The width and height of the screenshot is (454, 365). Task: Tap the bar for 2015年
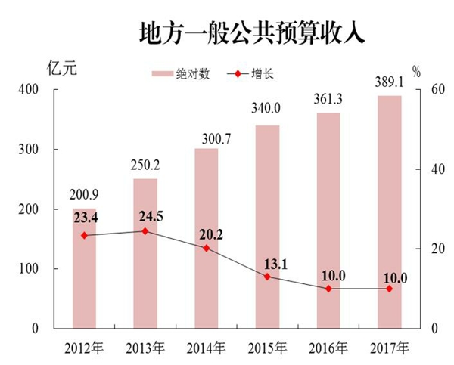pos(268,227)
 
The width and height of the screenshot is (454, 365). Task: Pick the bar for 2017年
pos(390,212)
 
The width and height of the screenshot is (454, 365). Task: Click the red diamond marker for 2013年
pos(146,231)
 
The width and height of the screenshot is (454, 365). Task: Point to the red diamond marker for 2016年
pos(328,289)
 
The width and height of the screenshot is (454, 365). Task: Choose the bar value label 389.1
pos(390,84)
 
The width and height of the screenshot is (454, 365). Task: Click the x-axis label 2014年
pos(207,349)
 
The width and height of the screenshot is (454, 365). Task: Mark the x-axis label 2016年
pos(328,349)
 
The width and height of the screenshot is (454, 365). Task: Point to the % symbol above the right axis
pos(415,72)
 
